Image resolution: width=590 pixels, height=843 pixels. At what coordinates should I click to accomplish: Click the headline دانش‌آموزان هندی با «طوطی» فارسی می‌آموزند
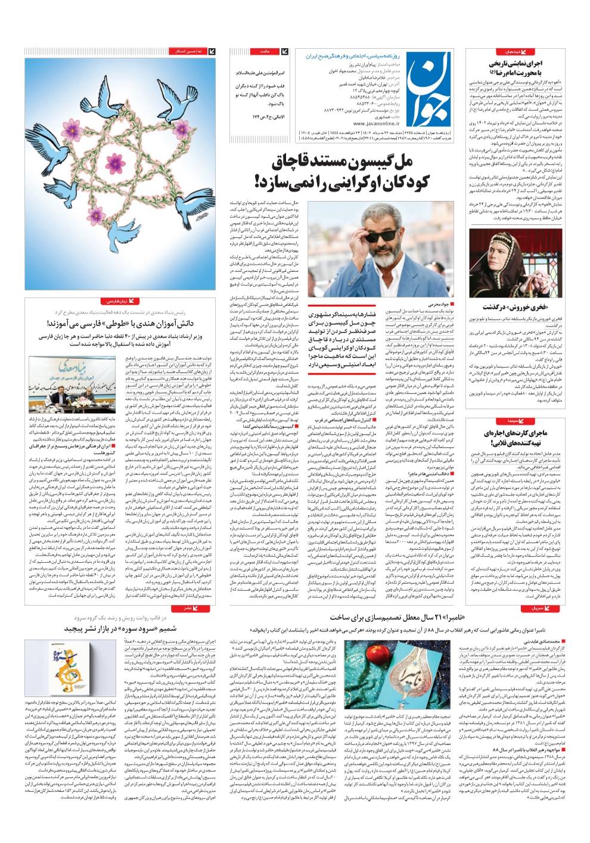coord(125,324)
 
